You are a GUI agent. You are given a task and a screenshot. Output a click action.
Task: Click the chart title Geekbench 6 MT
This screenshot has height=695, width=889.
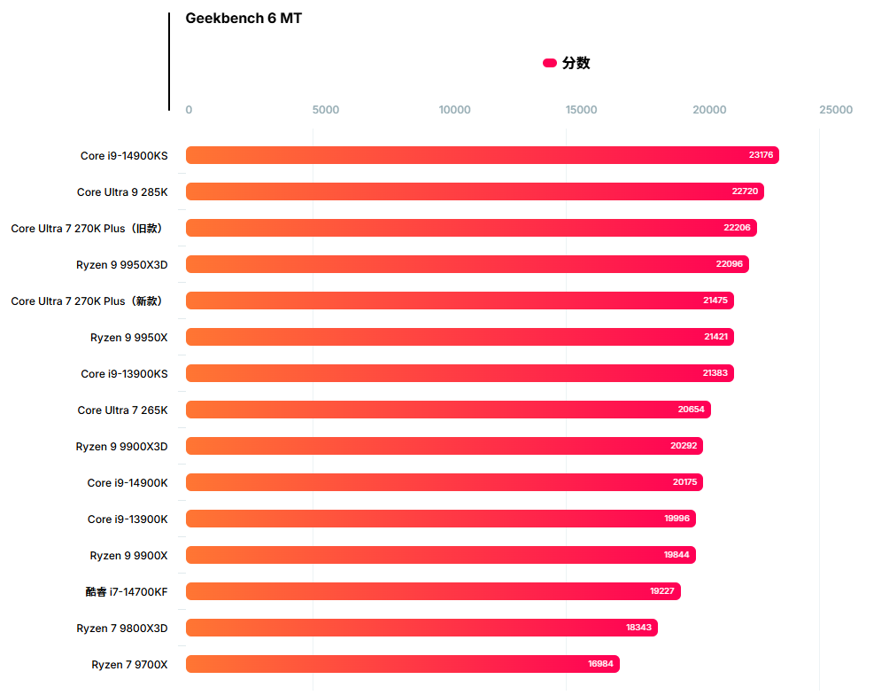(244, 19)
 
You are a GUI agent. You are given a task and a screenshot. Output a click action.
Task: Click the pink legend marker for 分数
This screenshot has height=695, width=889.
(550, 63)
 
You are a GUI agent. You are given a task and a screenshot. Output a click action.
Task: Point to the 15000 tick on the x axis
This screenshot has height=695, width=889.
(582, 110)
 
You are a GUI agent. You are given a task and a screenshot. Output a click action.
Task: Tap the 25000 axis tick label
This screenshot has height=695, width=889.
(836, 110)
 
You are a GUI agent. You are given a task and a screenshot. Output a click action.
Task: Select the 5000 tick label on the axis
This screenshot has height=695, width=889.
(326, 110)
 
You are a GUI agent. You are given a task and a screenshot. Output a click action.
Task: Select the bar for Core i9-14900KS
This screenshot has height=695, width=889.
(482, 155)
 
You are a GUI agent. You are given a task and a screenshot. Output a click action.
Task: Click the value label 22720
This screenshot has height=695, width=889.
(745, 191)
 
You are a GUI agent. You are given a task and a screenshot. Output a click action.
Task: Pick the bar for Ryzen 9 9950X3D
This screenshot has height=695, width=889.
(467, 264)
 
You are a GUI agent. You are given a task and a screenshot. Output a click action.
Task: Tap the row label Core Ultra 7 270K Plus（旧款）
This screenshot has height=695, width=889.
(87, 228)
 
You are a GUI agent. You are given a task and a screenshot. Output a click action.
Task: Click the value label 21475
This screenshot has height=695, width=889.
(715, 301)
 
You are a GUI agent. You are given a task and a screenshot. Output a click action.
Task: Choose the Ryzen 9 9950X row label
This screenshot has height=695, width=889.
(128, 337)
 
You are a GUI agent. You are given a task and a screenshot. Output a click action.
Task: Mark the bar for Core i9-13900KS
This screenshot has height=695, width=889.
(460, 373)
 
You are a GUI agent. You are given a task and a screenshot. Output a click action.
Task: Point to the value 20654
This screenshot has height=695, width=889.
(692, 410)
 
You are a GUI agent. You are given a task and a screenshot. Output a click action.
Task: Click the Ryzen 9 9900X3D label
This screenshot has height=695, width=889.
(121, 446)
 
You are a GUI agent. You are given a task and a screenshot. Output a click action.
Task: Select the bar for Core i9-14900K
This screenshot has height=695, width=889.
(444, 482)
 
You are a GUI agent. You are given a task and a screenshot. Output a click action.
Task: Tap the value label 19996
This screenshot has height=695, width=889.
(676, 519)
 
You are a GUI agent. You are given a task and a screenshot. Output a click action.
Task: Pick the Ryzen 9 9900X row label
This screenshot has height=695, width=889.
(128, 555)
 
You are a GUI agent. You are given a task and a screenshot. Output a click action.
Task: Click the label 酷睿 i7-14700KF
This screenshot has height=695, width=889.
(127, 591)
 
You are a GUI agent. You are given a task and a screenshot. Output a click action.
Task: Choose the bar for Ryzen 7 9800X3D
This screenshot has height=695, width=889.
(421, 628)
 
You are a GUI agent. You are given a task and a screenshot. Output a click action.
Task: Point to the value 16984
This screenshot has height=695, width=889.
(600, 664)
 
